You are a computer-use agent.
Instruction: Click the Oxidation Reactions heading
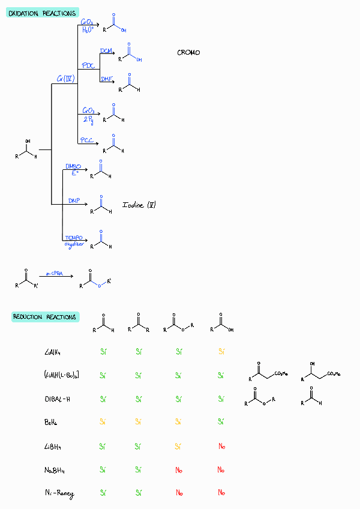coord(42,13)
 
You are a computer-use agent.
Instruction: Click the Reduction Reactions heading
coord(46,316)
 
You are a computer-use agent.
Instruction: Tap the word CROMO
coord(189,53)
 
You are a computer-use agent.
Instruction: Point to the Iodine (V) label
coord(139,205)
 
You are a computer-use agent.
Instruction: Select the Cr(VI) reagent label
coord(65,79)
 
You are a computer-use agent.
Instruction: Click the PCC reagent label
coord(88,140)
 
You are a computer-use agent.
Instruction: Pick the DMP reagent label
coord(74,200)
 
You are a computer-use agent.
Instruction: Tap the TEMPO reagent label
coord(74,238)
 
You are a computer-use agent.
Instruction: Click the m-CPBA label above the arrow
coord(54,273)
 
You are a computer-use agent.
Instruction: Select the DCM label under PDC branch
coord(106,50)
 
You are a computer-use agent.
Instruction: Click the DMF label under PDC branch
coord(107,79)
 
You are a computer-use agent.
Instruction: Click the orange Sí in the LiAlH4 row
coord(221,352)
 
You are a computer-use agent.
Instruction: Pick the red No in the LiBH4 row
coord(221,446)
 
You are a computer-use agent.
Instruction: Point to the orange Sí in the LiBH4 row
coord(179,446)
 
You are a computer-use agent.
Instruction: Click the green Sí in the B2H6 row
coord(221,422)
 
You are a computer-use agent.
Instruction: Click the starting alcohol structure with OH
coord(26,150)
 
